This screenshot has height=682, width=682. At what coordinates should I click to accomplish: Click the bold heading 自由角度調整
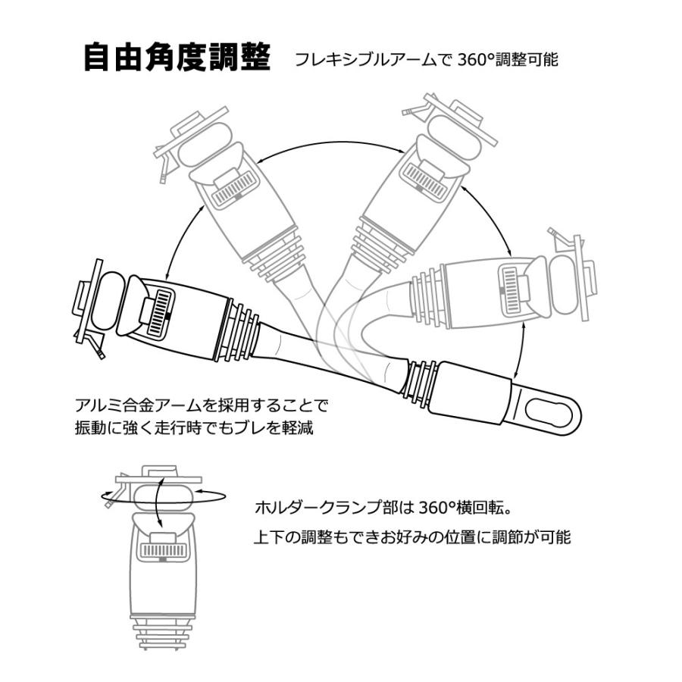click(177, 58)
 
